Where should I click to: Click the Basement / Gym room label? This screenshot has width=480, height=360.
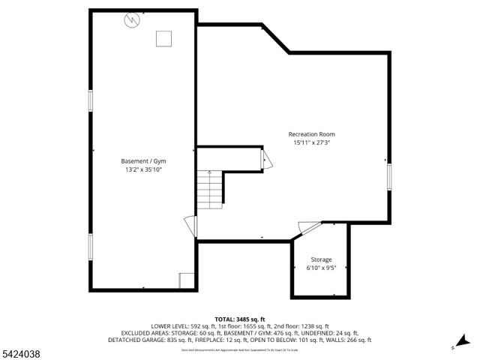point(143,161)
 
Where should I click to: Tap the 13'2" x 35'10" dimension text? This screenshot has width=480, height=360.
point(143,170)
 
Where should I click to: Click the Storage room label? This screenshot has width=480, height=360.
point(320,259)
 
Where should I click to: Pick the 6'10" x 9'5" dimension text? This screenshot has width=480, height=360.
point(320,268)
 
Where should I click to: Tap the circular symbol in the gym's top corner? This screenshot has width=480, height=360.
point(132,20)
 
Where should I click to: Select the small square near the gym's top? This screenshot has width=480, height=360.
point(163,39)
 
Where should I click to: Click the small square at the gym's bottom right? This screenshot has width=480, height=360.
point(187,280)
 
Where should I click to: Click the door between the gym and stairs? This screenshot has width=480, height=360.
point(190,224)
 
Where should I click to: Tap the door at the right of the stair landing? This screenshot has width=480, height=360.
point(265,160)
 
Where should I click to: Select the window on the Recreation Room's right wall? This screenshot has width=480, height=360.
point(388,176)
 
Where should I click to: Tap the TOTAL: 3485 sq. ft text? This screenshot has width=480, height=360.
point(240,319)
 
